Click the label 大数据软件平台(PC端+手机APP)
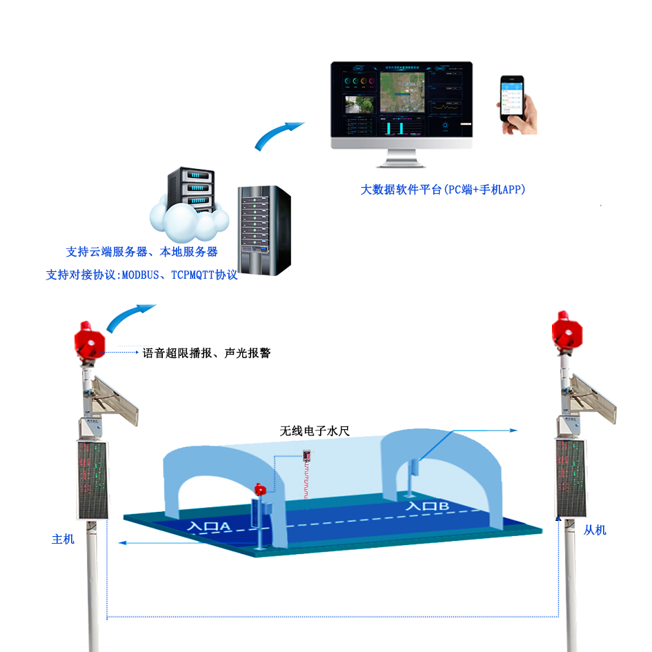coord(442,189)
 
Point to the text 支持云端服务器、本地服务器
coord(142,252)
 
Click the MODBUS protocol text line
coord(141,275)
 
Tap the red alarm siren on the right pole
coord(569,332)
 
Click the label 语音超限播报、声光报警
coord(206,353)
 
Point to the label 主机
coord(63,539)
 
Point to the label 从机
coord(595,530)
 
